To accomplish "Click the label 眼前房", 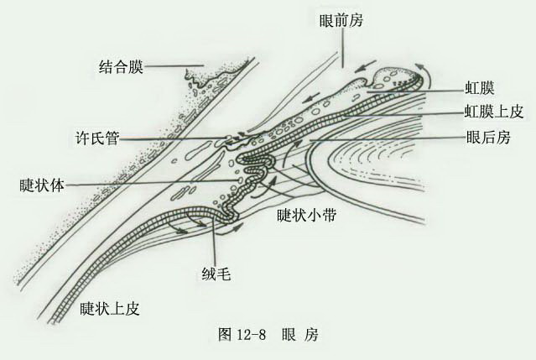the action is coord(341,20).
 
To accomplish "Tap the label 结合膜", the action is coord(121,66).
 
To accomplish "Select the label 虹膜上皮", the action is coord(493,112).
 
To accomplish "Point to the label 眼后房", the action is coord(488,137).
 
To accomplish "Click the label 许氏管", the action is coord(97,138).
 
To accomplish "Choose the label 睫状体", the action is coord(42,185).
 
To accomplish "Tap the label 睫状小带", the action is coord(307,216).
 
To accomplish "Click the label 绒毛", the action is coord(216,274).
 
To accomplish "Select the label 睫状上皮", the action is coord(110,308).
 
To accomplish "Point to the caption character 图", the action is coord(225,334).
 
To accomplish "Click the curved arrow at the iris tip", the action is coord(426,76).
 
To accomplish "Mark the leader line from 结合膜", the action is coord(174,65).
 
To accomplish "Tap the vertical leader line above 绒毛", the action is coord(214,243).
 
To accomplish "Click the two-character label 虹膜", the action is coord(479,88).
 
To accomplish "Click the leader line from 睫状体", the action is coord(151,183).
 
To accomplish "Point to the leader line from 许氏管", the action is coord(173,138).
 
